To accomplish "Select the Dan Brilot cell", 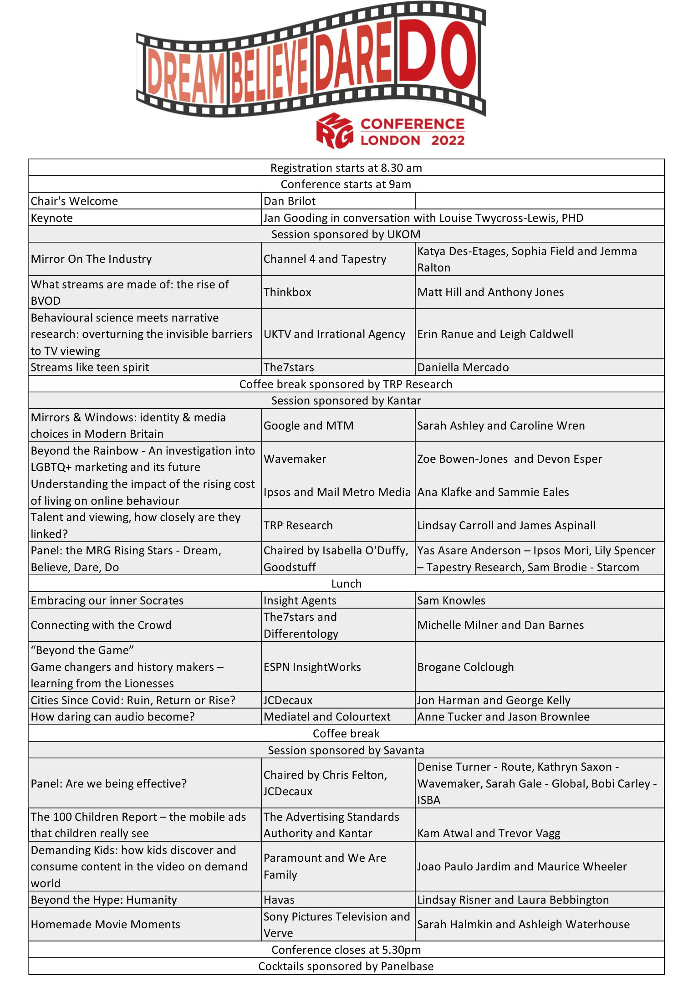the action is [x=290, y=201].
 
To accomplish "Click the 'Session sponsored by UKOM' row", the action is [x=346, y=234].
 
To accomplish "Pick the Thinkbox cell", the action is [x=287, y=292].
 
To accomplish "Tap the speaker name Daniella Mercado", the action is [x=463, y=367].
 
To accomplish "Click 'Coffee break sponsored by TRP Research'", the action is [x=346, y=384].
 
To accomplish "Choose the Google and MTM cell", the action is [x=308, y=425].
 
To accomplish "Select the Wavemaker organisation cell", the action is [x=295, y=459].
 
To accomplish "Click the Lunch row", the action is [x=346, y=583].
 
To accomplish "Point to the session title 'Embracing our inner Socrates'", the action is [x=107, y=600].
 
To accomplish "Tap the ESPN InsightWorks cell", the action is [x=312, y=667].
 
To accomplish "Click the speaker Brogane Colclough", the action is [x=465, y=667].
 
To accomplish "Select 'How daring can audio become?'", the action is [x=112, y=716].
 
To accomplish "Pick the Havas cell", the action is [x=279, y=900].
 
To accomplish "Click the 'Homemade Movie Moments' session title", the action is [x=105, y=924].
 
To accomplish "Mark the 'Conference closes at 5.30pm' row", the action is [x=346, y=950].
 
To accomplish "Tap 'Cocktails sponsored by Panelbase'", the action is [x=346, y=966].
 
